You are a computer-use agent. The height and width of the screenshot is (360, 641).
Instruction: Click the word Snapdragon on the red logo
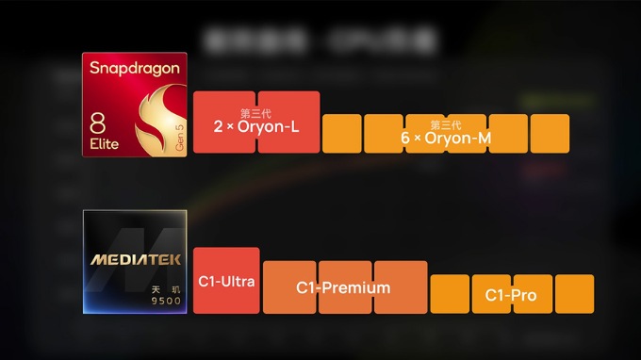pyautogui.click(x=133, y=68)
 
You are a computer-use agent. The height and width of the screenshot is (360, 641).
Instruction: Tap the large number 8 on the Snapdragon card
pyautogui.click(x=98, y=123)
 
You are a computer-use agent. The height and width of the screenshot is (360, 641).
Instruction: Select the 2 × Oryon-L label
pyautogui.click(x=255, y=126)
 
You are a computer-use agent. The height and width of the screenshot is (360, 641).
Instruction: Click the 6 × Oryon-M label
pyautogui.click(x=446, y=138)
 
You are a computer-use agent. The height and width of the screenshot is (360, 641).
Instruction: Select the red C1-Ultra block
pyautogui.click(x=225, y=280)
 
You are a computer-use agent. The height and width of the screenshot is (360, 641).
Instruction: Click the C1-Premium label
pyautogui.click(x=343, y=287)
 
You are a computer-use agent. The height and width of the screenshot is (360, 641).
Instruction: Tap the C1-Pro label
pyautogui.click(x=511, y=295)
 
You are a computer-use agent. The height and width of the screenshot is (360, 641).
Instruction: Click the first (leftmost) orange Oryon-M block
pyautogui.click(x=341, y=134)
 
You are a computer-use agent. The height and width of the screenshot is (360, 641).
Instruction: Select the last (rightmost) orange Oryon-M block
pyautogui.click(x=550, y=134)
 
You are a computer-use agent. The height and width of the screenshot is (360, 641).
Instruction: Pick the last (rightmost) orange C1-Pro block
pyautogui.click(x=574, y=294)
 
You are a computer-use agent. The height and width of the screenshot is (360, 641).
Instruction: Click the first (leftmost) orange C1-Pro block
pyautogui.click(x=449, y=294)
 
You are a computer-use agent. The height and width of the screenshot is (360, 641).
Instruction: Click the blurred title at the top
pyautogui.click(x=320, y=39)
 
